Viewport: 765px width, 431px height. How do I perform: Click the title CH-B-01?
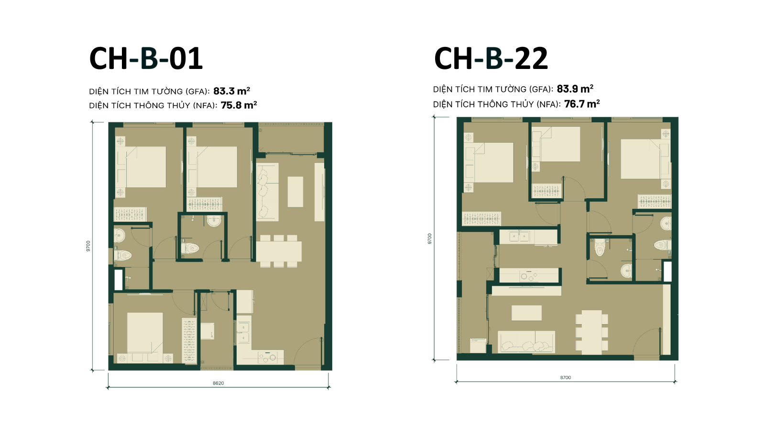[x=146, y=58]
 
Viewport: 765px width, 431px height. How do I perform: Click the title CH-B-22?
[x=491, y=58]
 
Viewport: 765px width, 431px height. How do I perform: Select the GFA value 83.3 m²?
[x=231, y=91]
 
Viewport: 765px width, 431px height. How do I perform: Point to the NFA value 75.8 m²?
[x=239, y=105]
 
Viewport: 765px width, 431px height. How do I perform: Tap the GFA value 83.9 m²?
[x=575, y=89]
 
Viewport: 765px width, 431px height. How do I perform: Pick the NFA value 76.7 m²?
[x=582, y=104]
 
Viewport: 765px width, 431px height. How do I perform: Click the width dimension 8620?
[x=218, y=383]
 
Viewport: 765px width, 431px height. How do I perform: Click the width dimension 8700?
[x=566, y=378]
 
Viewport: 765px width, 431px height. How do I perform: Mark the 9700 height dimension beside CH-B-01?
[x=88, y=246]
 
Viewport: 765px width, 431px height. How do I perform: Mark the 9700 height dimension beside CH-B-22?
[x=430, y=238]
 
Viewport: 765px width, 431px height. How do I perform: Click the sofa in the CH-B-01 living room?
[x=267, y=192]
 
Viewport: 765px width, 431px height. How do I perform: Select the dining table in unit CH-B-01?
[x=279, y=251]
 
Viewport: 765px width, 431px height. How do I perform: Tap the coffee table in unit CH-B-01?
[x=295, y=192]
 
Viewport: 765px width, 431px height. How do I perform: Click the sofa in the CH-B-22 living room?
[x=526, y=342]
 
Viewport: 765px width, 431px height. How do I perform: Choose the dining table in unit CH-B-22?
[x=592, y=332]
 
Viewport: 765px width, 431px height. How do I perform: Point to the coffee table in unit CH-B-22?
[x=526, y=313]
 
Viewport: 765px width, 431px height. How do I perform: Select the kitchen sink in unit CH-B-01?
[x=244, y=332]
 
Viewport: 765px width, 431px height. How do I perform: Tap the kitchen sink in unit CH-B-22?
[x=519, y=237]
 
